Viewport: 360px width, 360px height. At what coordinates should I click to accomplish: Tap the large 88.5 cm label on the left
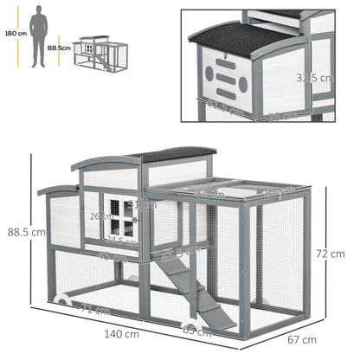25,233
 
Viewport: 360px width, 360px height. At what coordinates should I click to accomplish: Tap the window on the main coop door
131,215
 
